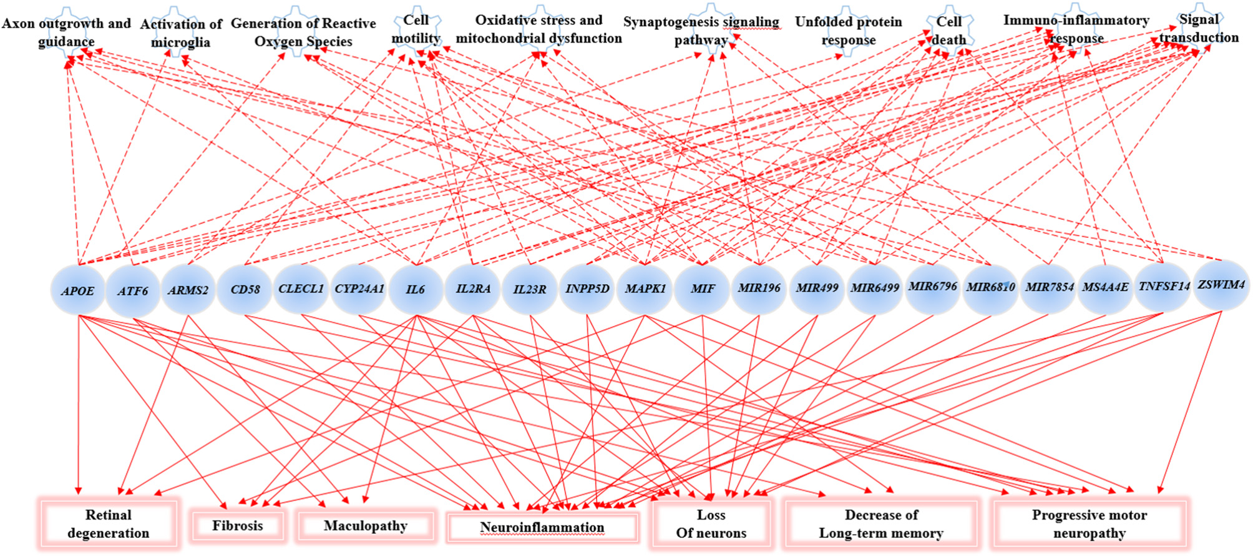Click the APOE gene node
pos(78,290)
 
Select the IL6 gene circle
pos(416,289)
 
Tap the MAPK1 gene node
pos(645,289)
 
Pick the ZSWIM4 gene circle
pos(1221,285)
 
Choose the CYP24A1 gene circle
pos(359,289)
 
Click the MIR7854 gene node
pos(1048,288)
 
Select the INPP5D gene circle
pos(587,289)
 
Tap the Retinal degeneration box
pos(109,523)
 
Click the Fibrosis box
pos(238,525)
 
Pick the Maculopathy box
pos(366,526)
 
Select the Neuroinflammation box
pos(542,528)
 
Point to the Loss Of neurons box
pos(711,524)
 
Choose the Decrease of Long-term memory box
pos(881,524)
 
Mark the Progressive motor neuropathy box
pos(1089,523)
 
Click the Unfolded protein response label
pos(848,31)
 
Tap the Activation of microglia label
pos(180,33)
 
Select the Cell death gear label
pos(948,30)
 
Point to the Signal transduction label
pos(1199,28)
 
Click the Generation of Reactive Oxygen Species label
pos(303,32)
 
